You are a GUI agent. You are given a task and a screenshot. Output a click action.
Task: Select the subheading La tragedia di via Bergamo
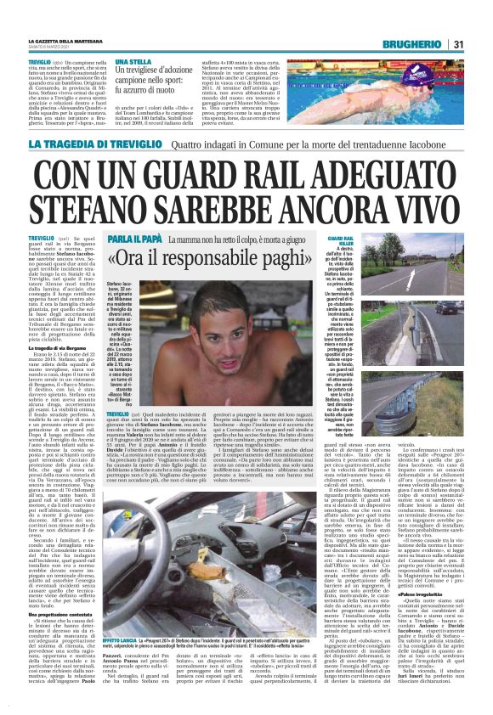tap(60, 348)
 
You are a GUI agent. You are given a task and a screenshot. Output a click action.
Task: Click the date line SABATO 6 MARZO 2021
tap(53, 47)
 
